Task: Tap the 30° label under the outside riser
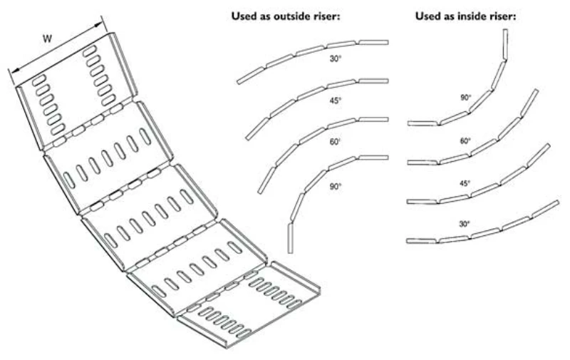tap(333, 58)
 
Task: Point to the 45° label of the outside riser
tap(333, 101)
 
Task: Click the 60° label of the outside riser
tap(333, 143)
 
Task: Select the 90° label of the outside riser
tap(333, 186)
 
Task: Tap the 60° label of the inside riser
tap(465, 141)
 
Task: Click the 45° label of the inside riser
tap(465, 183)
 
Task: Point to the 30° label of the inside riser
tap(465, 223)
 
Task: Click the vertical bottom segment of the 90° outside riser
tap(291, 237)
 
